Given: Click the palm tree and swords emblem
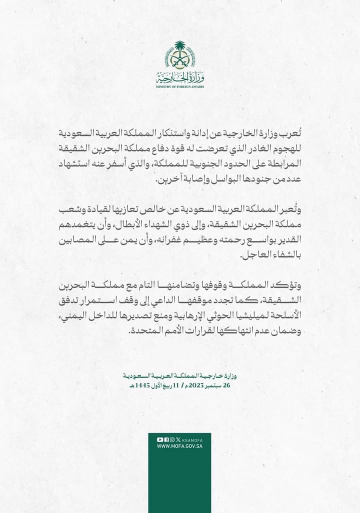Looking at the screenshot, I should (180, 55).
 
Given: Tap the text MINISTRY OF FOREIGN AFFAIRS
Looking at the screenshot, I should (180, 86).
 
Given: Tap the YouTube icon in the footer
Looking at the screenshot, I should (160, 439).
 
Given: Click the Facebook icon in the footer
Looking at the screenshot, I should (166, 439).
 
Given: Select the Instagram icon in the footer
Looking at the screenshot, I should (171, 439).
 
